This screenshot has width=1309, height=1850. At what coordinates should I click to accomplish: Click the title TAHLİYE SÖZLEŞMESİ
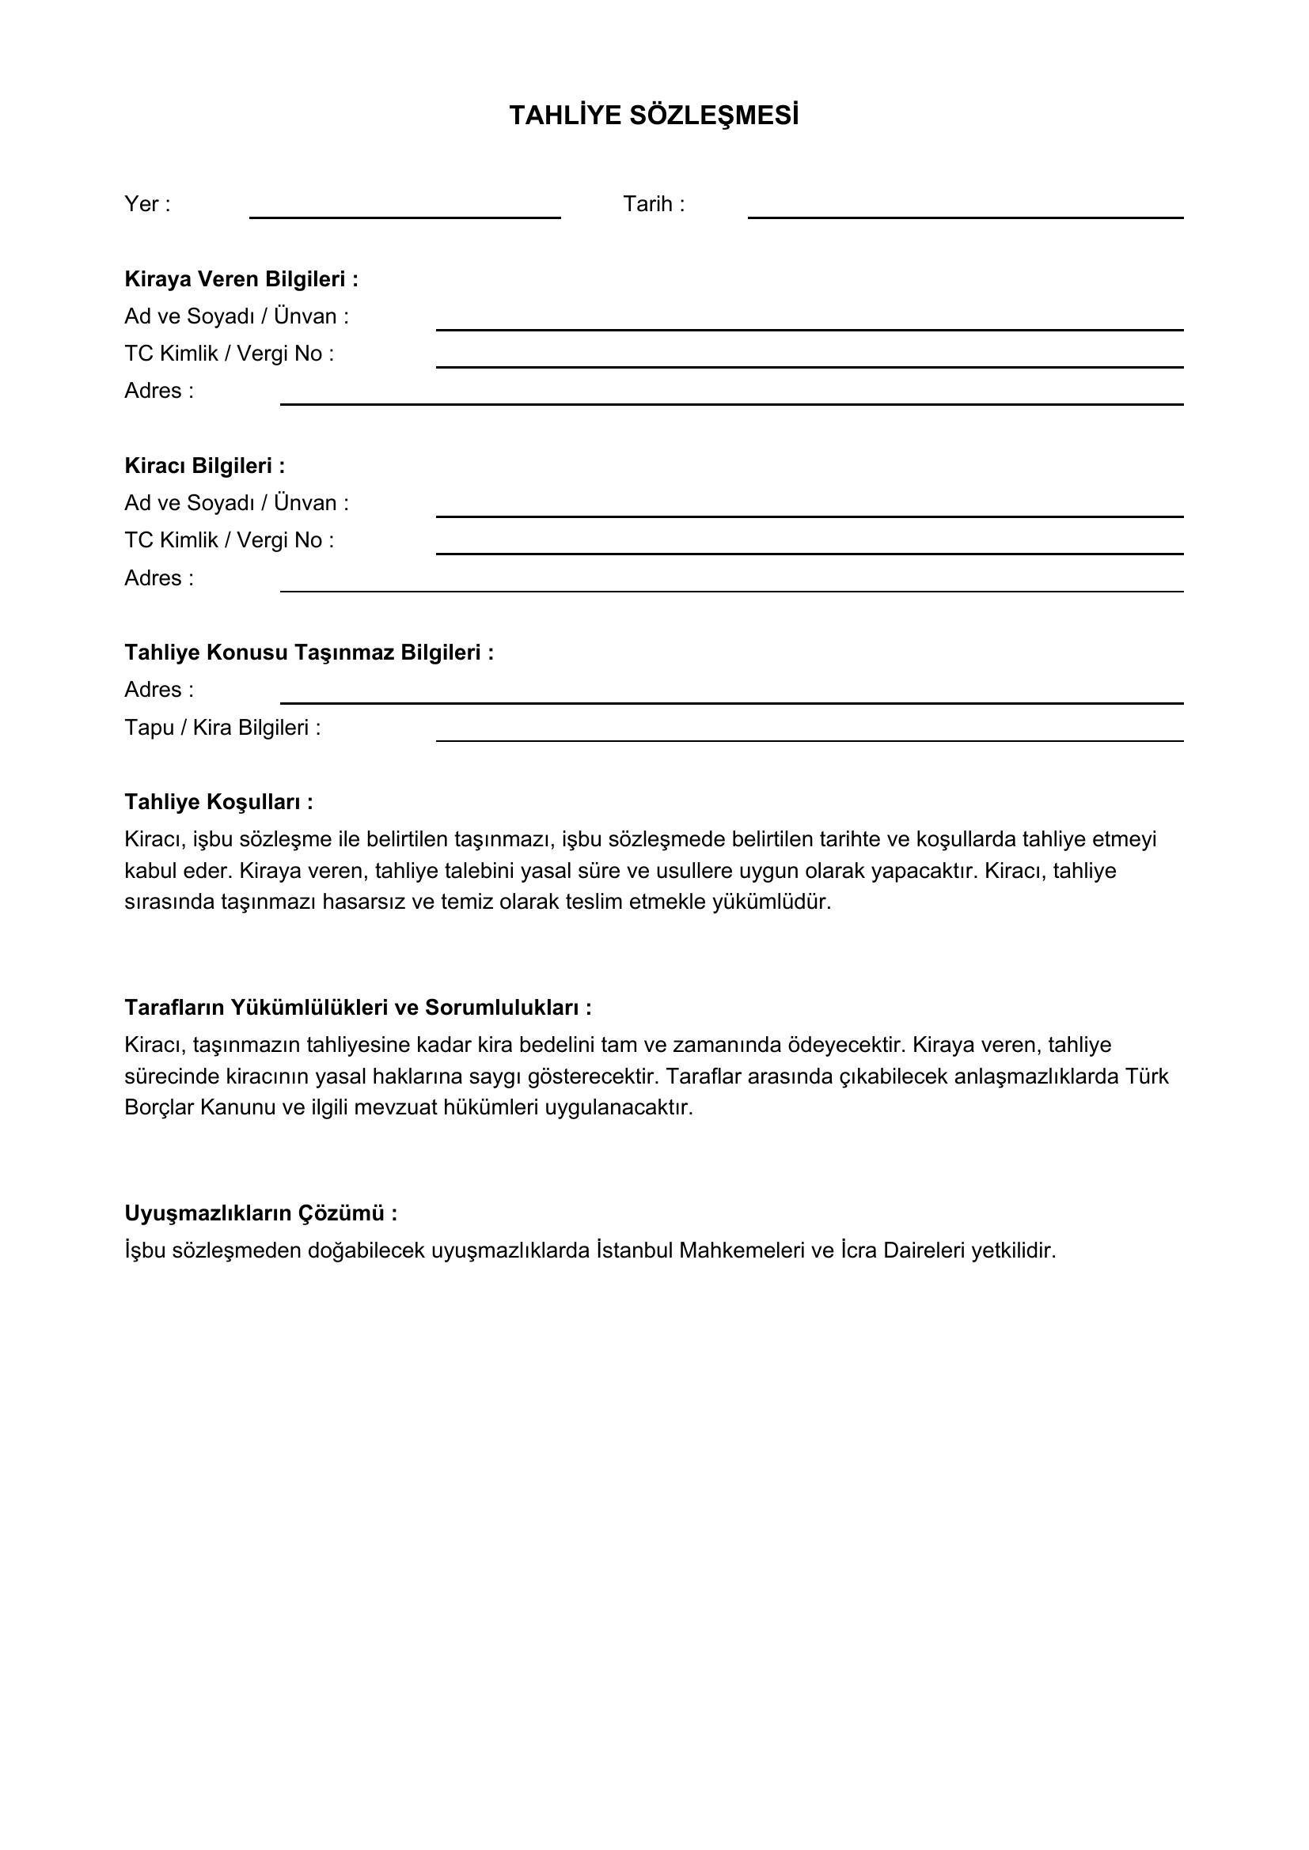coord(654,116)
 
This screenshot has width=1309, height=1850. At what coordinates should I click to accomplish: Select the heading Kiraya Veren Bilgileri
coord(241,278)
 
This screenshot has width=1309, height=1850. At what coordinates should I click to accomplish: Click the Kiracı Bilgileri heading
coord(205,466)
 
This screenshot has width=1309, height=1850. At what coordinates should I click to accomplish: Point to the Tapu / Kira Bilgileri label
coord(222,728)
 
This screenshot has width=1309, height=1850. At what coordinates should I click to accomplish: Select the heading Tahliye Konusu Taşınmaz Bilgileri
coord(309,652)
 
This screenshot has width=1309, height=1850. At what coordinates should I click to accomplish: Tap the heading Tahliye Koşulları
coord(218,802)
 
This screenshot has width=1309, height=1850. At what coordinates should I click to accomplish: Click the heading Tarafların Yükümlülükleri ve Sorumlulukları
coord(358,1007)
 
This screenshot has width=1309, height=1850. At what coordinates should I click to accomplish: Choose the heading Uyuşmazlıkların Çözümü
coord(260,1213)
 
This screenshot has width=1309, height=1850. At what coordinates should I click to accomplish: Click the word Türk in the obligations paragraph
coord(1146,1076)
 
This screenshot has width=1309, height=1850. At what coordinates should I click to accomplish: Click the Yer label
coord(146,204)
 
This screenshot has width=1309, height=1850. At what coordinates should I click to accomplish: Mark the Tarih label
coord(653,204)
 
